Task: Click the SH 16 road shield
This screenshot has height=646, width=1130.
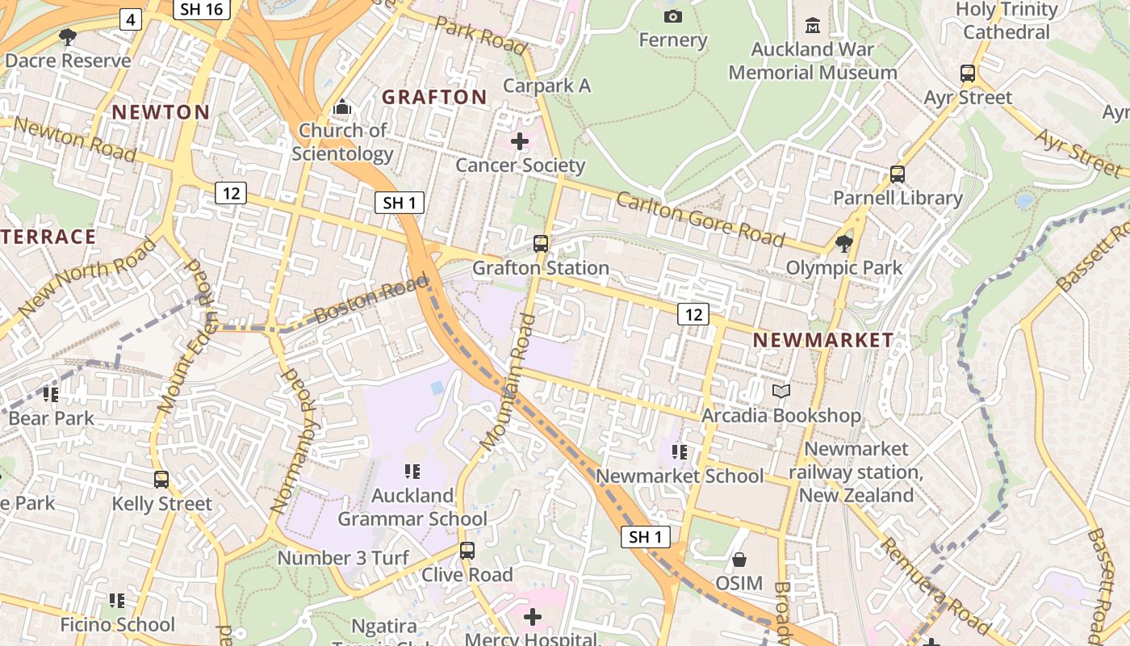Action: (x=202, y=9)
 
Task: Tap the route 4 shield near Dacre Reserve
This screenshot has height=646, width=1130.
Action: (x=131, y=19)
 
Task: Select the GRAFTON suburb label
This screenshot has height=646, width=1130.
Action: (x=434, y=98)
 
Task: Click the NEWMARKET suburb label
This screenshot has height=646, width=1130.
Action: (x=823, y=341)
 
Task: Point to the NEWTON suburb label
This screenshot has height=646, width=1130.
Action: (x=161, y=112)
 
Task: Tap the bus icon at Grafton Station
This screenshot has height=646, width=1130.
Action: (x=541, y=243)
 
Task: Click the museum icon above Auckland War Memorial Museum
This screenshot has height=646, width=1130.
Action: (x=813, y=25)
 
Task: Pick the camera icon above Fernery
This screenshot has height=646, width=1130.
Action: (x=672, y=16)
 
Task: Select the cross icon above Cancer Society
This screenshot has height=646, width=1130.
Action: (x=520, y=141)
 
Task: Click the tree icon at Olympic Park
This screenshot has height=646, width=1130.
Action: (x=844, y=243)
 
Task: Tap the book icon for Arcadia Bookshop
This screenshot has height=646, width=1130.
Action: (x=781, y=392)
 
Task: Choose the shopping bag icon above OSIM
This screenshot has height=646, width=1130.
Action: (x=739, y=559)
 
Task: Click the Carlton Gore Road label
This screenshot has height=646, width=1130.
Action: (x=700, y=219)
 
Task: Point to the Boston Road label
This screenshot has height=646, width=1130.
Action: (x=371, y=299)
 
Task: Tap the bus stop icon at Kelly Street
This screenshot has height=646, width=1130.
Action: (x=161, y=480)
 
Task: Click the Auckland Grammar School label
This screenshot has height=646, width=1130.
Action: (x=412, y=507)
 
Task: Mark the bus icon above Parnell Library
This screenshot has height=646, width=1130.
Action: (x=897, y=174)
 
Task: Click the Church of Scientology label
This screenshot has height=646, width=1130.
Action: (x=343, y=141)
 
